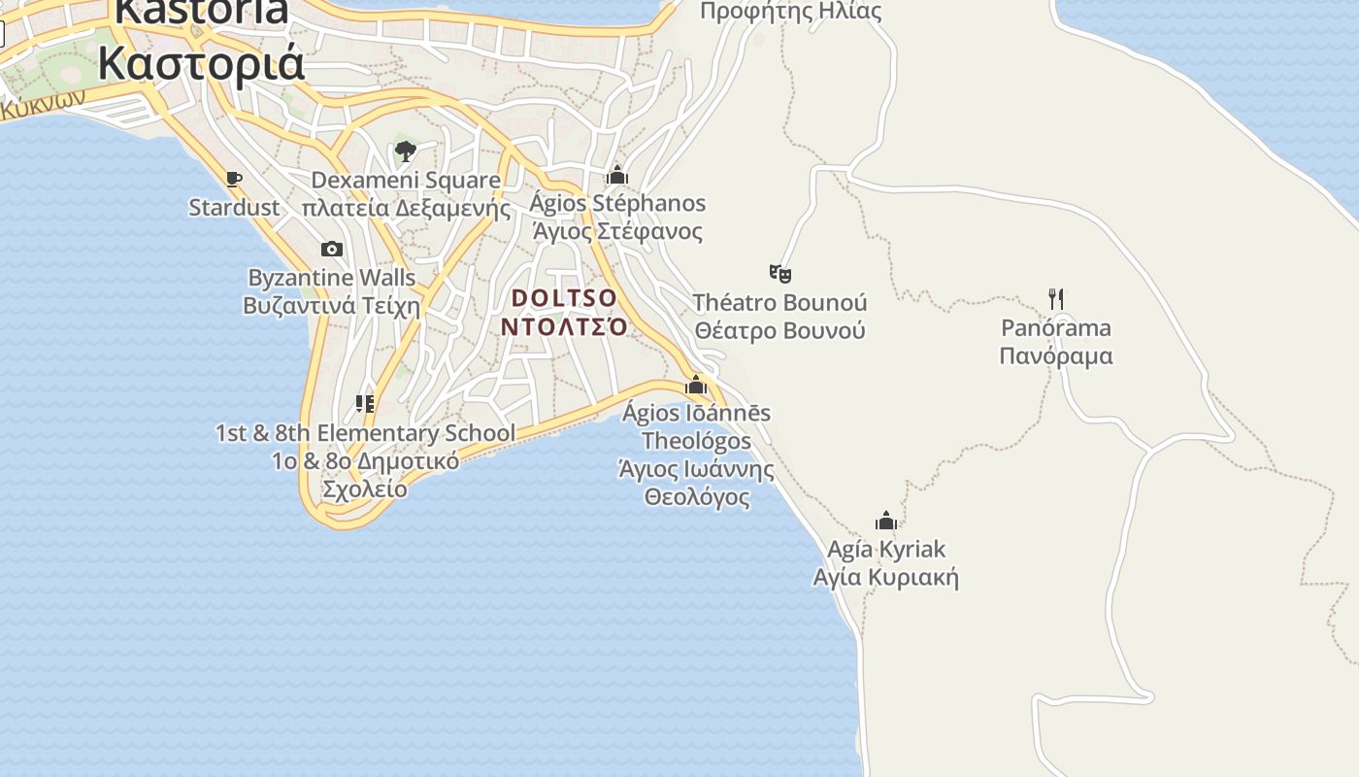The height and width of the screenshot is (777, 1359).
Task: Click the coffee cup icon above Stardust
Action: (x=233, y=179)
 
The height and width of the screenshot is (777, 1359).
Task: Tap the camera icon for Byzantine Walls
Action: (x=332, y=250)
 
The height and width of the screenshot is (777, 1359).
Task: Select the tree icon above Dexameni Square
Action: (x=406, y=151)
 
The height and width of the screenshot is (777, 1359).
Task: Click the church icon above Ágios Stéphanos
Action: (x=616, y=176)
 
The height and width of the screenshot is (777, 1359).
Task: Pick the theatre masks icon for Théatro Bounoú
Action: (x=779, y=273)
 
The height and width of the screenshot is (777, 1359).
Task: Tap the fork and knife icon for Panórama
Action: (x=1056, y=299)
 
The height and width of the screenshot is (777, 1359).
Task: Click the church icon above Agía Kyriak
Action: (x=885, y=522)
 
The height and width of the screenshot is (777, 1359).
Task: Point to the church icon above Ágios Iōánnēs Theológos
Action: (x=696, y=386)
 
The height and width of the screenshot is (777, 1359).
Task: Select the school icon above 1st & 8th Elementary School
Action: (x=365, y=404)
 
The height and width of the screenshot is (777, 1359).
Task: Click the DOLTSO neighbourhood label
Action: (x=564, y=297)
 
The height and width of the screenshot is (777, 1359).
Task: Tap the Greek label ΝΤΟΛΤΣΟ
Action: (x=564, y=326)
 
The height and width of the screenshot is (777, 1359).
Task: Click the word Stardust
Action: (x=234, y=208)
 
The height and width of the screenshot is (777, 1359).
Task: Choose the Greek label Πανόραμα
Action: (x=1056, y=355)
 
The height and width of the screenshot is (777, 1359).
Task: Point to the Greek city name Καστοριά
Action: (x=201, y=63)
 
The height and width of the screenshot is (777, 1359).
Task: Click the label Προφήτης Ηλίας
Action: (x=790, y=12)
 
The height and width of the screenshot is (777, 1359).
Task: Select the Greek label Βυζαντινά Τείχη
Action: (x=332, y=306)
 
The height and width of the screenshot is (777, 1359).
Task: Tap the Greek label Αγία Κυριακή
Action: (x=885, y=578)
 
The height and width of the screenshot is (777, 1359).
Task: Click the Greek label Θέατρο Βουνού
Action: (x=779, y=330)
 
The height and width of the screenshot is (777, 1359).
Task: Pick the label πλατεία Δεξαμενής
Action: (x=406, y=208)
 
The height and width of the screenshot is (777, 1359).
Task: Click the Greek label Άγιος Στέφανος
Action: (x=616, y=232)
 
